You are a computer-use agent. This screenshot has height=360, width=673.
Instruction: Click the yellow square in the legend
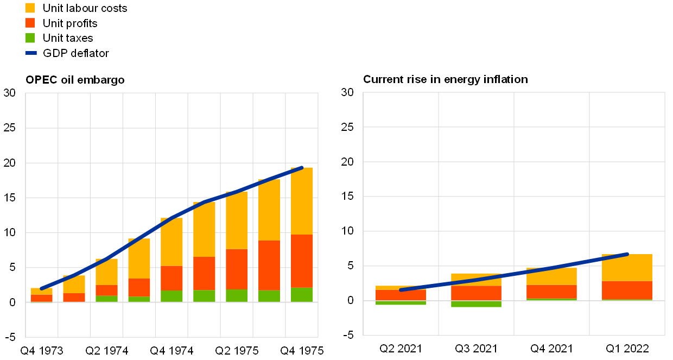click(30, 8)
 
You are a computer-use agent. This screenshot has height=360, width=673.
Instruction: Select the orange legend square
click(30, 23)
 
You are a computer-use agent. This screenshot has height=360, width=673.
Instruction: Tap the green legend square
click(30, 38)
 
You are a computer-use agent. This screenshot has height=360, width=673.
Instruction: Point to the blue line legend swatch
click(31, 53)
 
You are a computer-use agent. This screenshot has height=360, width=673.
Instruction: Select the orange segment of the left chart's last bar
click(302, 261)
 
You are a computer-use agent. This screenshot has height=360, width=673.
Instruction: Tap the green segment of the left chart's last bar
click(302, 294)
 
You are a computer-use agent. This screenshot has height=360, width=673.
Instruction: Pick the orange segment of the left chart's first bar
click(41, 298)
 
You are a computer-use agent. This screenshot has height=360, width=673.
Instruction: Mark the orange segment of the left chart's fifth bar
click(172, 278)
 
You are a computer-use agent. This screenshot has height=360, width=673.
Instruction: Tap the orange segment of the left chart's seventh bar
click(237, 269)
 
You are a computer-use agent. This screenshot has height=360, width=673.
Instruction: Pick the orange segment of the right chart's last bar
click(627, 290)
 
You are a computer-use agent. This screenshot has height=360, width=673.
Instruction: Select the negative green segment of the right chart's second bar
click(476, 304)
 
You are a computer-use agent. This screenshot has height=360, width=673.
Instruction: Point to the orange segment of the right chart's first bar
click(401, 295)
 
